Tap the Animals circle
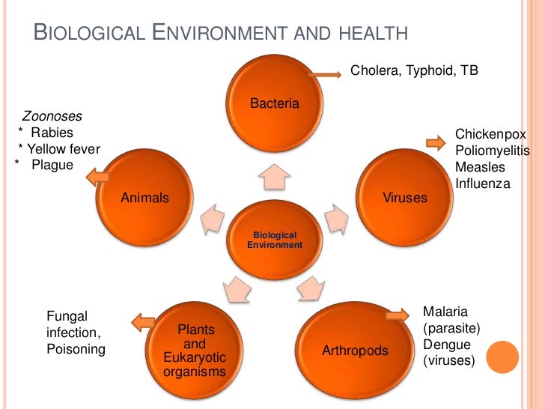click(145, 198)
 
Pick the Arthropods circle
click(356, 351)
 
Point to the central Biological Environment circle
click(275, 240)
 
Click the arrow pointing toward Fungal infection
click(142, 323)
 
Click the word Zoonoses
click(52, 117)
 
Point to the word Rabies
click(58, 133)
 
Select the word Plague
click(52, 165)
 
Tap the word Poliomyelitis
click(492, 151)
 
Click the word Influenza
click(482, 184)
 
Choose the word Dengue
click(447, 345)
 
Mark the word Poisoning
click(76, 349)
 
